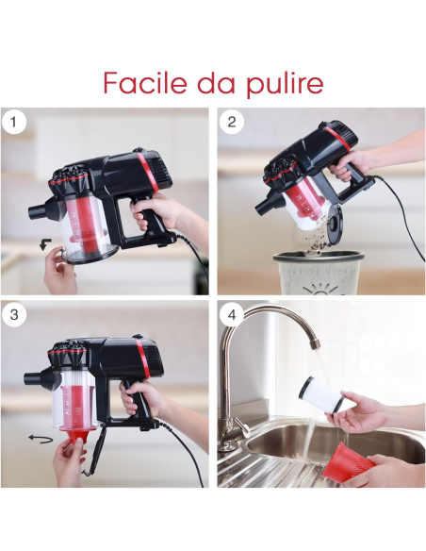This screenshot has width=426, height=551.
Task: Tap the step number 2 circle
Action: [x=232, y=123]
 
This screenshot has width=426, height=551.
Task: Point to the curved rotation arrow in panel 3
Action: [x=40, y=438]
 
